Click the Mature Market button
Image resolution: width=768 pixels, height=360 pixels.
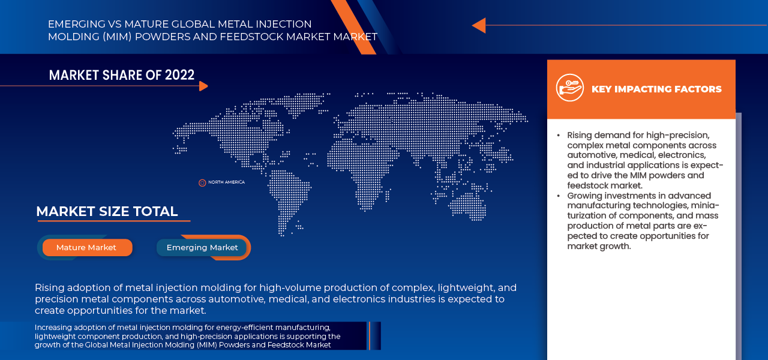click(x=86, y=248)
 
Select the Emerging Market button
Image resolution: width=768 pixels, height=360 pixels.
click(x=202, y=248)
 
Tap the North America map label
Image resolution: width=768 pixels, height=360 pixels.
click(x=226, y=182)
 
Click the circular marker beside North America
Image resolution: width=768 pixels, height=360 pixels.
click(x=202, y=182)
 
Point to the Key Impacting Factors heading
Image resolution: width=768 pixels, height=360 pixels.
click(x=656, y=89)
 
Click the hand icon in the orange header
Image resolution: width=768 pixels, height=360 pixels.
click(x=569, y=88)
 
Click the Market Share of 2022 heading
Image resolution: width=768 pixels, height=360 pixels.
click(x=122, y=75)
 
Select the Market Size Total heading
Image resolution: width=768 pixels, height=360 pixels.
click(x=107, y=212)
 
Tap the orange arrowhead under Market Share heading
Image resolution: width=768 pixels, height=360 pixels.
click(x=203, y=86)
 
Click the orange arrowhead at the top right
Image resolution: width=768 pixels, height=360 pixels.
click(x=478, y=25)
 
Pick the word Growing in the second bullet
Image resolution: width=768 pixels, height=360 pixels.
click(x=584, y=196)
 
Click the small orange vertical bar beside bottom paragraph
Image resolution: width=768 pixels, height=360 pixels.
click(x=370, y=335)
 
